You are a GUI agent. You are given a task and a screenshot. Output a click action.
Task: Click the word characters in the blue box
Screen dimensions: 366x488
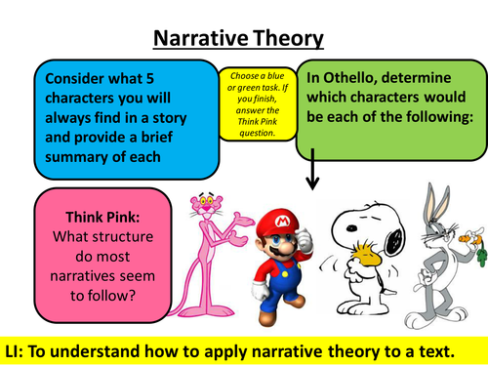(84, 98)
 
